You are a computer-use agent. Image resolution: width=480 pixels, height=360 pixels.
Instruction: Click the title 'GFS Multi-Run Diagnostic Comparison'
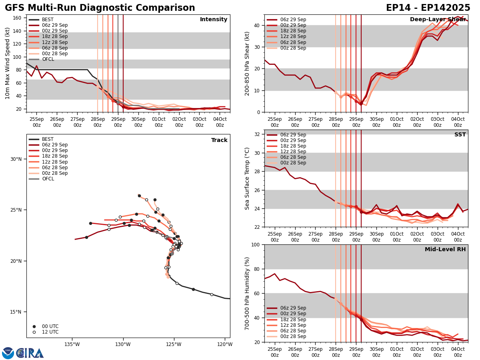click(100, 8)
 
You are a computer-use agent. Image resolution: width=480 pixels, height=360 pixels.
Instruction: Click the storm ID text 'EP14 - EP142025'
click(428, 8)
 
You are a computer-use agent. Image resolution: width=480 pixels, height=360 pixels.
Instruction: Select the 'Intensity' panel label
click(214, 20)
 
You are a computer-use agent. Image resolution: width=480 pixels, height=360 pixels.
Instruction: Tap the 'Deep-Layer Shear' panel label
click(438, 20)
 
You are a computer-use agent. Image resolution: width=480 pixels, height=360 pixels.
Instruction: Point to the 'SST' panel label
click(460, 135)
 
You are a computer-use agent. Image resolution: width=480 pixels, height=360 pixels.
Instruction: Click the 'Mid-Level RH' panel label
click(445, 250)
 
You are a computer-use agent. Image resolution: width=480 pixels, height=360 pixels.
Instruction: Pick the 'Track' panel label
click(219, 140)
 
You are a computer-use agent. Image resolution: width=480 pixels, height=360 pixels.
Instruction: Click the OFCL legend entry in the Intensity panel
click(48, 59)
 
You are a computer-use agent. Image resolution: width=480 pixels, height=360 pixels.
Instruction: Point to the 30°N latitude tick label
click(16, 159)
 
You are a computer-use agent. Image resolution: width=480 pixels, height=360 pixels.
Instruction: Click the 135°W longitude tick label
click(72, 344)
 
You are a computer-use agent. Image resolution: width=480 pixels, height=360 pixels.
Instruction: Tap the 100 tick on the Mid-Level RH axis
click(256, 244)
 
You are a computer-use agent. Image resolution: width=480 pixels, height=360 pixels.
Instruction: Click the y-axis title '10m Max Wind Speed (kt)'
click(8, 63)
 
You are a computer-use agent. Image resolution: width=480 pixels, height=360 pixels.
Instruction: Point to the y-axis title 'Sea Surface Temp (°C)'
click(247, 178)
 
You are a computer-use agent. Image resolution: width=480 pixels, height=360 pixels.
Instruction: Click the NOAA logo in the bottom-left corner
click(8, 353)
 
